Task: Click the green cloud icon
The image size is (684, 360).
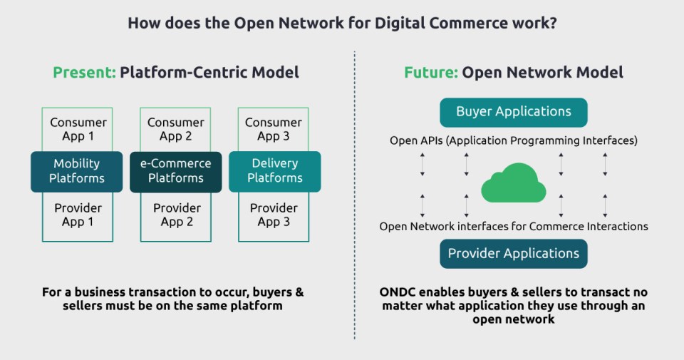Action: tap(513, 184)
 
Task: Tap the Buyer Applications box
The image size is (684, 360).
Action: tap(513, 112)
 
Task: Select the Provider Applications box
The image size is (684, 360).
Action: tap(513, 253)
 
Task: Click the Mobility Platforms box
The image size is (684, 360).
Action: tap(77, 171)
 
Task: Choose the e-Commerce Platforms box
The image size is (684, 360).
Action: tap(176, 171)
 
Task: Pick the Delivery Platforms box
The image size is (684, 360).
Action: tap(274, 171)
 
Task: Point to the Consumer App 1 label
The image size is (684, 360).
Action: tap(77, 129)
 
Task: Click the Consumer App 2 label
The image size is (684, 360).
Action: tap(176, 129)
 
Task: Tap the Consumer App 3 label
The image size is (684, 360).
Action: tap(274, 129)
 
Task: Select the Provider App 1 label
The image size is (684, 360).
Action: tap(78, 215)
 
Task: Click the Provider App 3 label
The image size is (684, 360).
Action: tap(274, 215)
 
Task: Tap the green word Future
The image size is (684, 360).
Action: tap(430, 72)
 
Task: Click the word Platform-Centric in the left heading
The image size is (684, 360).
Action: tap(172, 72)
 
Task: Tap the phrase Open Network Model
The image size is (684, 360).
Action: tap(542, 72)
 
